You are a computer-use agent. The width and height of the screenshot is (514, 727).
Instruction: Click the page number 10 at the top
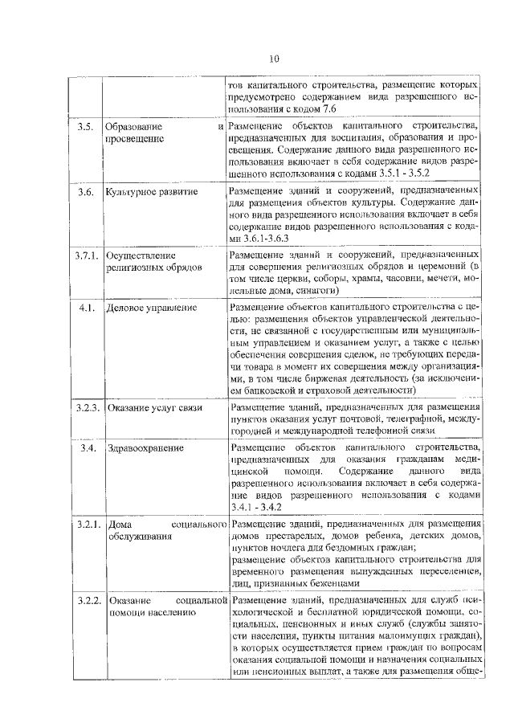(x=273, y=59)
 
